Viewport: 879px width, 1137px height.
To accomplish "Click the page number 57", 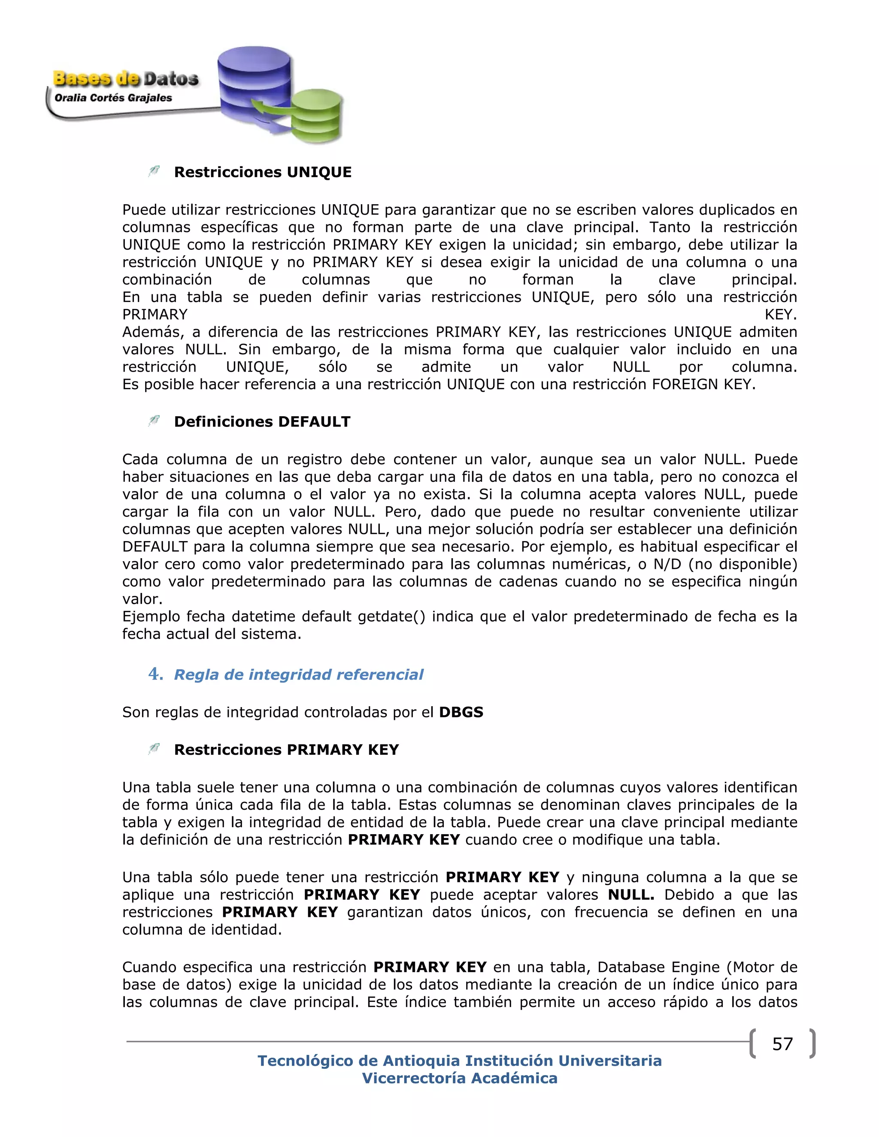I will pos(782,1044).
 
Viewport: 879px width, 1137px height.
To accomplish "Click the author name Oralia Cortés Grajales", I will pos(113,98).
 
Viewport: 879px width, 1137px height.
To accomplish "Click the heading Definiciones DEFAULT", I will pos(262,422).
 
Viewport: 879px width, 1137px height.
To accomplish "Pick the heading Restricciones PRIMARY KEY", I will pos(286,750).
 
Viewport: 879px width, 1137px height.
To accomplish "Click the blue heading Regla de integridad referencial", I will pos(298,675).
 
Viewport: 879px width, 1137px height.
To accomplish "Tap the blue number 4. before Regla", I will pos(155,674).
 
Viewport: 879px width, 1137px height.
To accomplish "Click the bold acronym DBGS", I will pos(461,712).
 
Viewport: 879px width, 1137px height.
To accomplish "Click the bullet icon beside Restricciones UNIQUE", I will pos(154,171).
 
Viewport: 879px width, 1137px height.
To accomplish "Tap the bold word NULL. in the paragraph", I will pos(630,895).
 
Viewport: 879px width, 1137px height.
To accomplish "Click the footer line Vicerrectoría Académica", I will pos(459,1078).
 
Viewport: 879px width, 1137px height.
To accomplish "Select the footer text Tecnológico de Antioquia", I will pos(359,1061).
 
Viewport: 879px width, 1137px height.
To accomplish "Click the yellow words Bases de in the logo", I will pos(96,79).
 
